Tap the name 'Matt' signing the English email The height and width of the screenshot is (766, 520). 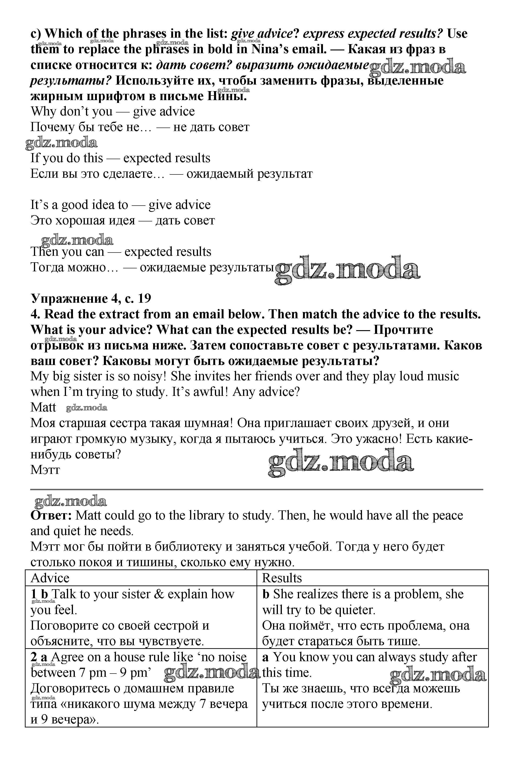[x=43, y=407]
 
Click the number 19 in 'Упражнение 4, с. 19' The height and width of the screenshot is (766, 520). [x=144, y=298]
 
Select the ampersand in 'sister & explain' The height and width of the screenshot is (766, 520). [x=159, y=594]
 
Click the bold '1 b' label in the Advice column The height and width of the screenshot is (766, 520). [x=39, y=594]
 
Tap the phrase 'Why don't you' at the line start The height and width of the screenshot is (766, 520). [x=72, y=112]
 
